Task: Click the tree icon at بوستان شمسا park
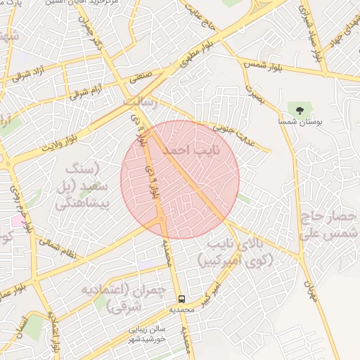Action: click(300, 110)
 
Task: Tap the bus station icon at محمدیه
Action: click(182, 299)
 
